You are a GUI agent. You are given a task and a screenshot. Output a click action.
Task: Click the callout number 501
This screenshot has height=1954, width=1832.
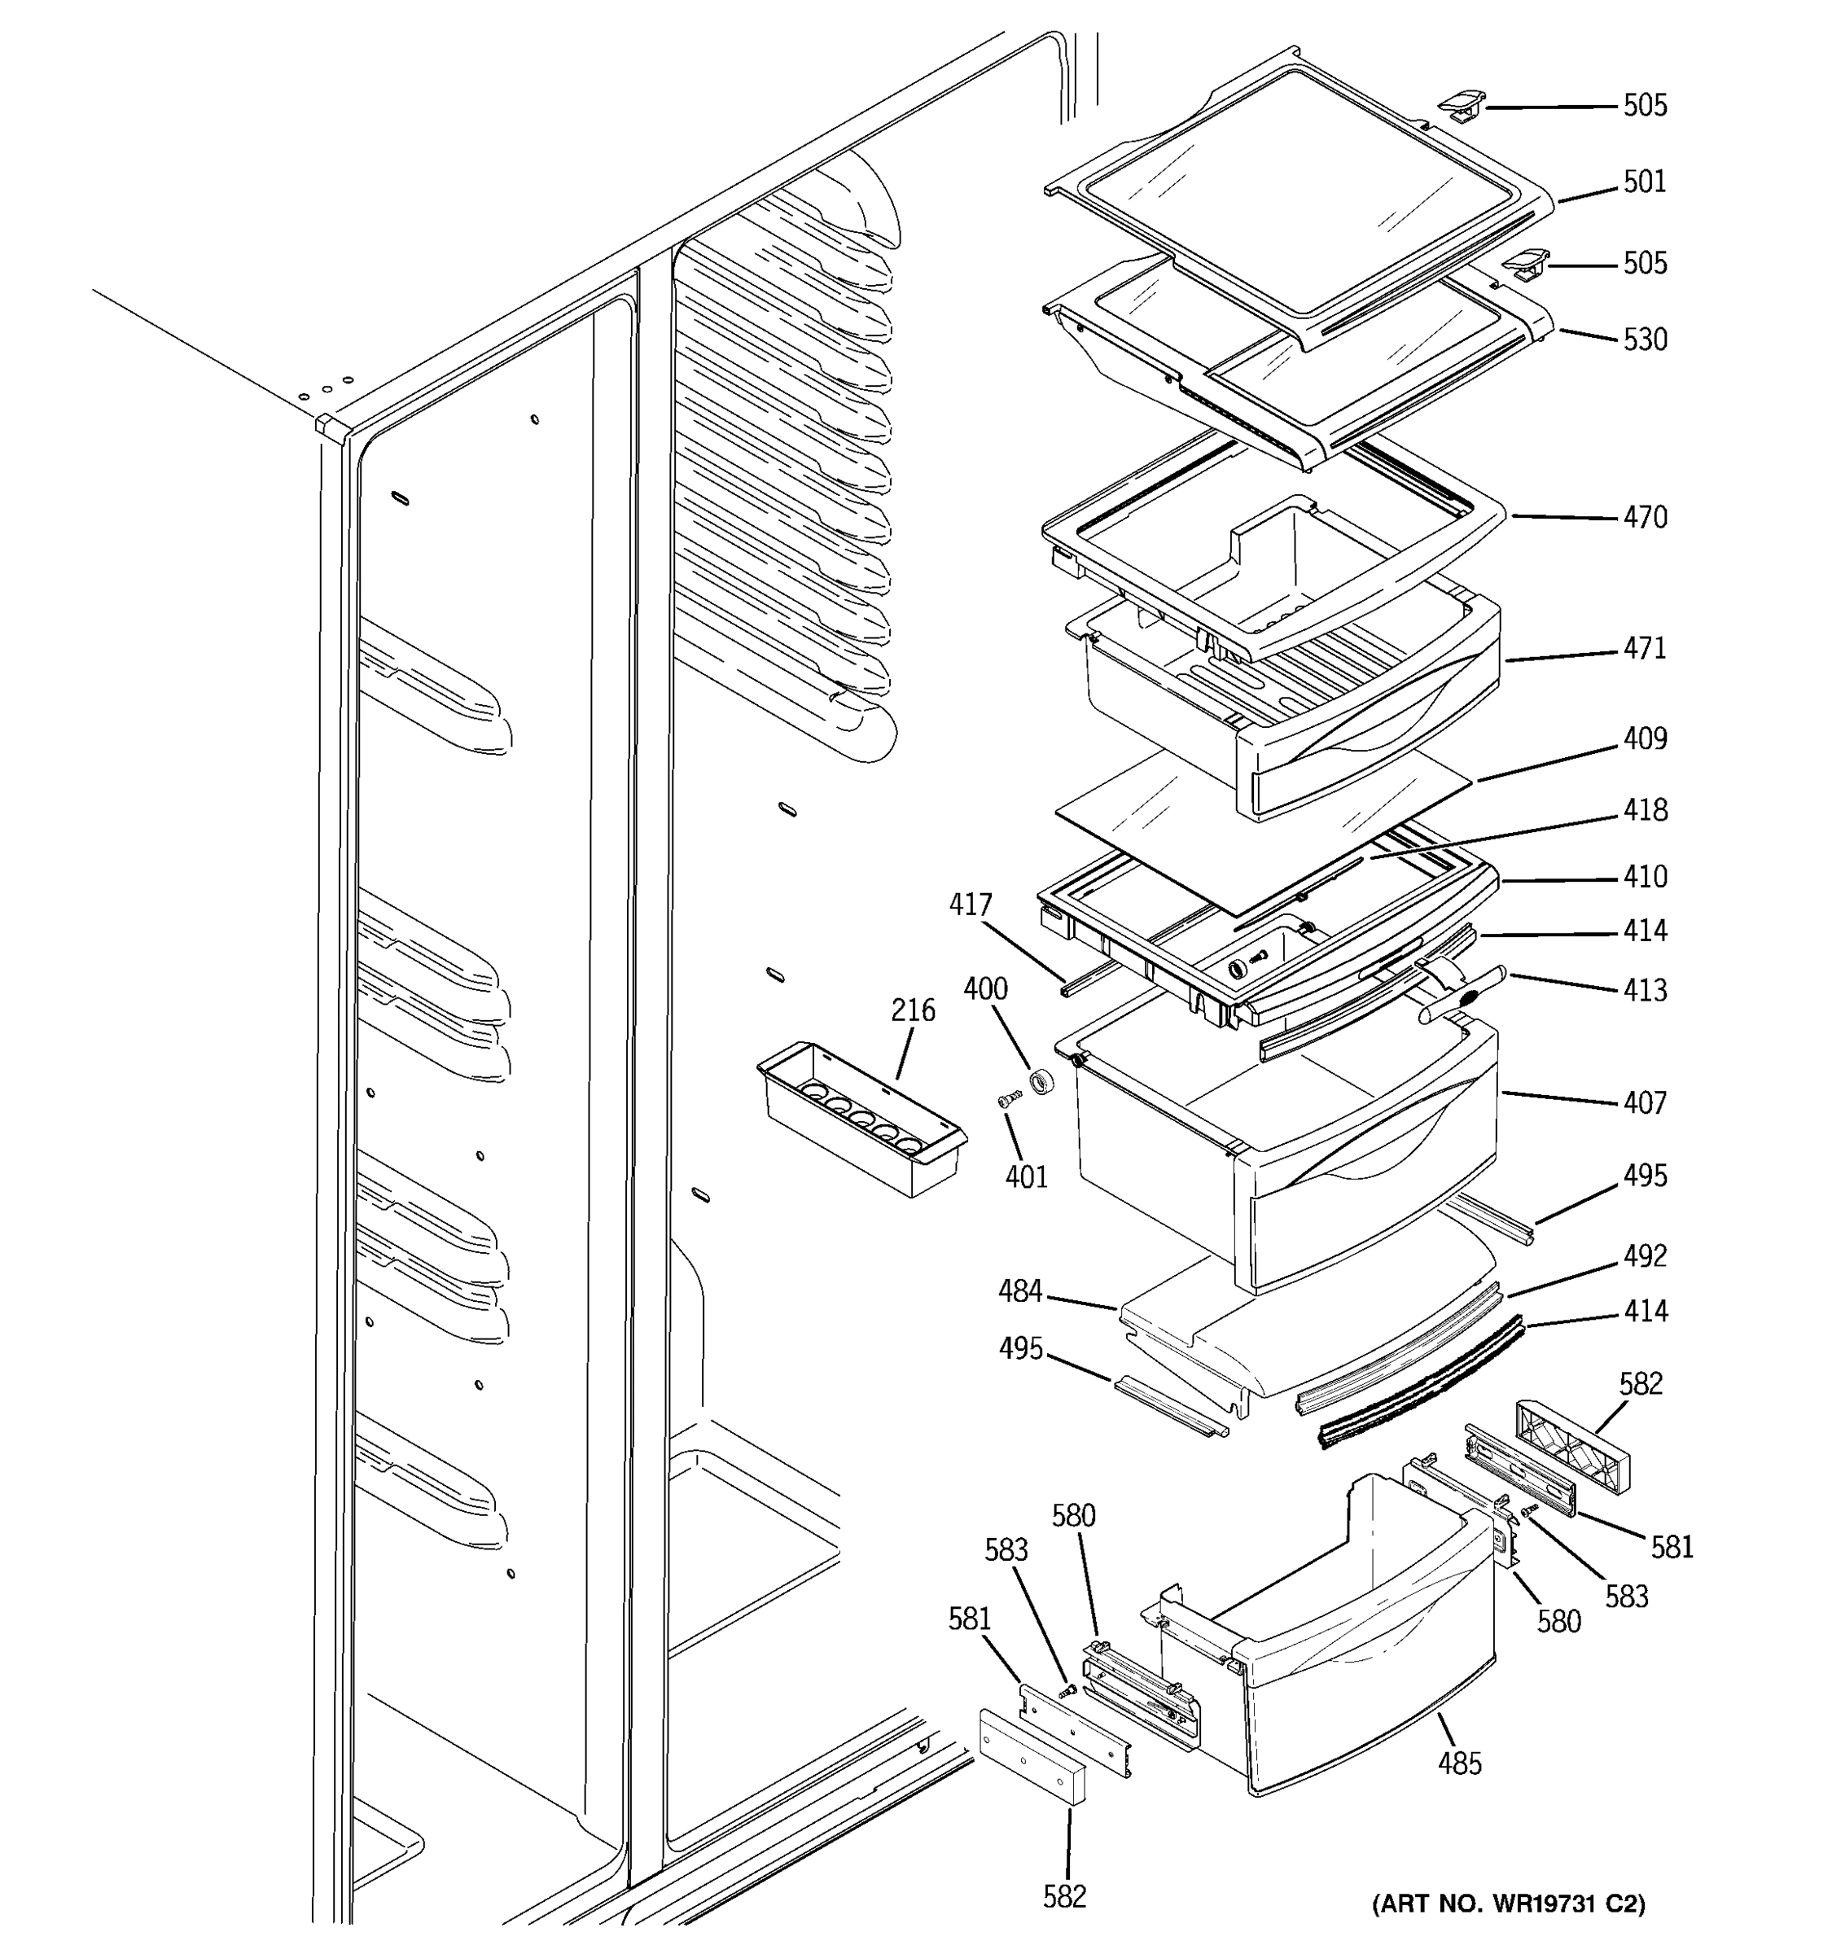click(1644, 182)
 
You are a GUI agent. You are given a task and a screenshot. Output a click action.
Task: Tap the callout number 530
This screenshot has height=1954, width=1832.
click(1644, 339)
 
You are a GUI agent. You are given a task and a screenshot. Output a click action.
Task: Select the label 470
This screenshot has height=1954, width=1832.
click(1644, 517)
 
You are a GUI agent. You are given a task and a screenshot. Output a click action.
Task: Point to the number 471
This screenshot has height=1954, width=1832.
click(1644, 649)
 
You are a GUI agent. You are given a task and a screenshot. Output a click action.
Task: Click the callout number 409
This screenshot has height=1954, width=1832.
click(1644, 738)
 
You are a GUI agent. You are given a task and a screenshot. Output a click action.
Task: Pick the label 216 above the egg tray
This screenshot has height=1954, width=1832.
click(913, 1010)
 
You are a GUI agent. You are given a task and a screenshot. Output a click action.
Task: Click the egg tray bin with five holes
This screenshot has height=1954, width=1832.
click(860, 1119)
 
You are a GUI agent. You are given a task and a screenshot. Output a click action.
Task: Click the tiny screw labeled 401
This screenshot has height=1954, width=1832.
click(1006, 1100)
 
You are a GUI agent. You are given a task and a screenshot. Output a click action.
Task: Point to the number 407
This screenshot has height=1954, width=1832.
click(1644, 1103)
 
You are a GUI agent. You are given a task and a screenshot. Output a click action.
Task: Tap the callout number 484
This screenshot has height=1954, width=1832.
click(1020, 1291)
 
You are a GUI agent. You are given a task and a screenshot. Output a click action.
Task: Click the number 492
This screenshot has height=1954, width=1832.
click(1644, 1256)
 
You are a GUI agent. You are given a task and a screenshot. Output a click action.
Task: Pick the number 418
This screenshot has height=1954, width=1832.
click(1644, 810)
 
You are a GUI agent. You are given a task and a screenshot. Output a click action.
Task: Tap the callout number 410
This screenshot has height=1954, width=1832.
click(1644, 877)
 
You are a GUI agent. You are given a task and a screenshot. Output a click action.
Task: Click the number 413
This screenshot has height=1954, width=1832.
click(1644, 990)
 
